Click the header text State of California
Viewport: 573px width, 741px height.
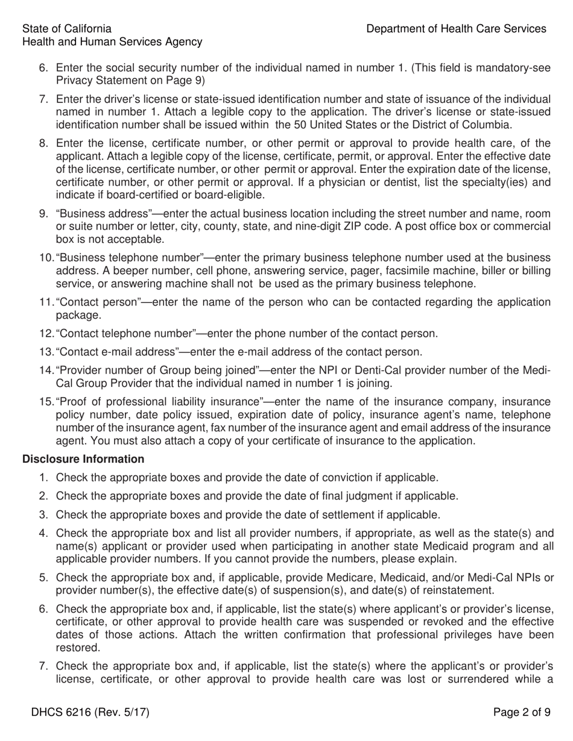(66, 29)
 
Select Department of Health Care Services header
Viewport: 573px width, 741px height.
(456, 29)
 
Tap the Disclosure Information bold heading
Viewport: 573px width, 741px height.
(83, 459)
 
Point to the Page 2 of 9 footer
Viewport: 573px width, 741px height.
(522, 713)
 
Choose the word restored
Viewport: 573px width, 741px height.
(75, 648)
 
